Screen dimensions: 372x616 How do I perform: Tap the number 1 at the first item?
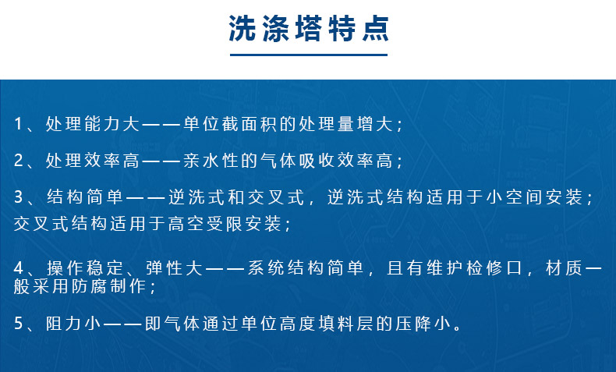19,124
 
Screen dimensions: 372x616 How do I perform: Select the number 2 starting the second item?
19,161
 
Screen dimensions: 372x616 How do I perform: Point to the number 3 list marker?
19,197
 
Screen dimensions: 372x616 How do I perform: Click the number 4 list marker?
19,270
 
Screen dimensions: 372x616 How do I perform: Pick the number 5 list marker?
19,323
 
